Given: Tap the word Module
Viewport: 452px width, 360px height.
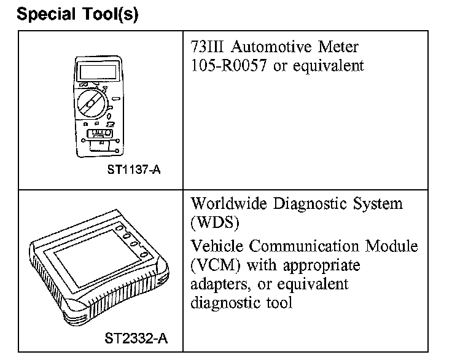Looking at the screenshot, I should tap(394, 247).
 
